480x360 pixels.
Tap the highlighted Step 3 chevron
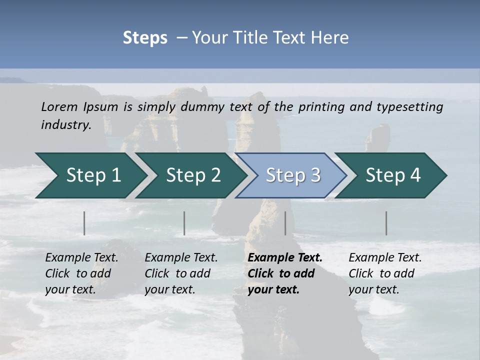(x=293, y=175)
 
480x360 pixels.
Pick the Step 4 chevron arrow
(x=393, y=175)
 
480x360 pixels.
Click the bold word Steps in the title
(x=145, y=37)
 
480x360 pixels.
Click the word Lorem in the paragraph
(x=59, y=106)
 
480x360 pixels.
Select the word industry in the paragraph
(x=66, y=124)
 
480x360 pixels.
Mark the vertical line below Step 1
(x=84, y=223)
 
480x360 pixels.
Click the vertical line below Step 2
(x=184, y=223)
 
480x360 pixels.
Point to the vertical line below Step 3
(x=285, y=223)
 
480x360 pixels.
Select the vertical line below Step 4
(x=386, y=223)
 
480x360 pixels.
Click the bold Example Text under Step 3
(x=285, y=257)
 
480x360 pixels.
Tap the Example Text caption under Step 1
(x=81, y=257)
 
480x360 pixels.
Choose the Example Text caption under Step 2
(x=181, y=257)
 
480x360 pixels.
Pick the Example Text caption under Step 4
(x=385, y=257)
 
